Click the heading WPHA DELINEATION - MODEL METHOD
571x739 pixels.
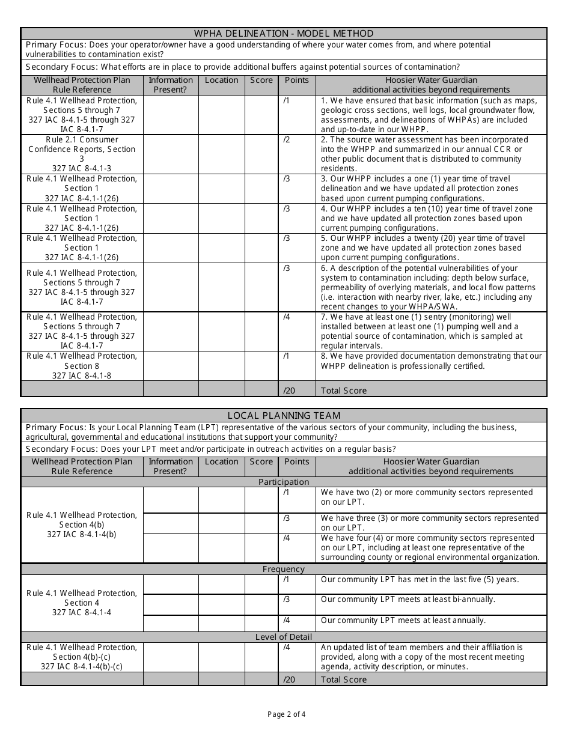[284, 34]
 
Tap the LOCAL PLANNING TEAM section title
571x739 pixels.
[284, 415]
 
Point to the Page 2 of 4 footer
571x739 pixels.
[286, 714]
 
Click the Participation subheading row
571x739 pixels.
[284, 482]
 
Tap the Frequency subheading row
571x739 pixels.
[284, 569]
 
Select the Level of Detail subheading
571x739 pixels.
[284, 637]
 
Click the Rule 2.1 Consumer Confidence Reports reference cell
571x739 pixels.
[82, 154]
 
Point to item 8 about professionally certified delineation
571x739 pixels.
[431, 361]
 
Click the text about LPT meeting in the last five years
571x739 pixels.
[420, 580]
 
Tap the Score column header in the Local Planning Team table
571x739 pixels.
[261, 462]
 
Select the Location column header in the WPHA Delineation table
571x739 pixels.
[221, 81]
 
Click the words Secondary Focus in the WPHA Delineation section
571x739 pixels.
[62, 67]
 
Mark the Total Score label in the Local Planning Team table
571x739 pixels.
[344, 680]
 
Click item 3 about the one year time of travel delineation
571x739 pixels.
[431, 189]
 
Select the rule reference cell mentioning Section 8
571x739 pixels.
[82, 366]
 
